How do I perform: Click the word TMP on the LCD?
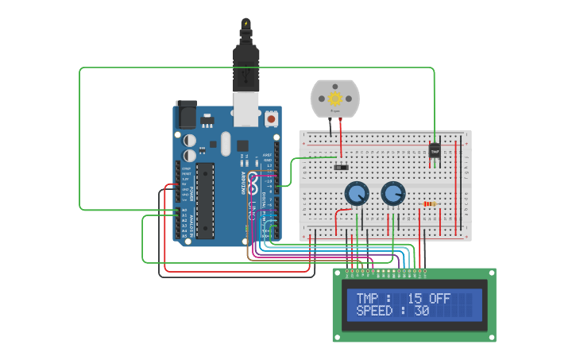367,298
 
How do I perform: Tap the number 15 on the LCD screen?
414,298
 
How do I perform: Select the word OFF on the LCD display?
439,298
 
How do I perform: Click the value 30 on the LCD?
421,311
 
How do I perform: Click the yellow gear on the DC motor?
334,99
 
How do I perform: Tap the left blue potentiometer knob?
357,194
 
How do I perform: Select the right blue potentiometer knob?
392,194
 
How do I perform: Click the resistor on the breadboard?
430,203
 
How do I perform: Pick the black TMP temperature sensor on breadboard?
435,149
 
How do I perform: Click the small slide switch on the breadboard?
341,167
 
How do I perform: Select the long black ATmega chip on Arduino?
205,200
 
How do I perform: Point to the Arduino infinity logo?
253,184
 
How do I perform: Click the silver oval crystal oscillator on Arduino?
225,144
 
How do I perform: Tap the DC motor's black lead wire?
330,127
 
